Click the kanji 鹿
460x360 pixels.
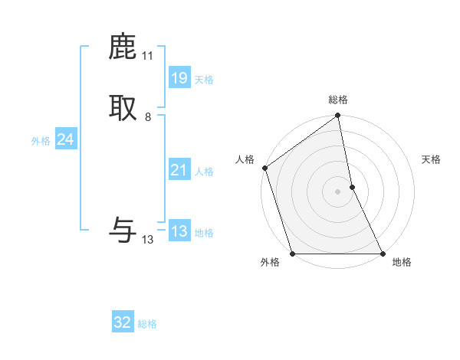point(123,48)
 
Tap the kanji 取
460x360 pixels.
point(123,108)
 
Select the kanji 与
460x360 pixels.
point(123,229)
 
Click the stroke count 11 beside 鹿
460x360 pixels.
point(147,56)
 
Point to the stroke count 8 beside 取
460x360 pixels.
point(148,117)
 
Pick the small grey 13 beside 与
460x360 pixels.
point(148,240)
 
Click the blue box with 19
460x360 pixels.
point(179,78)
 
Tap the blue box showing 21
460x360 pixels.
point(179,170)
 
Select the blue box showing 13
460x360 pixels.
point(179,231)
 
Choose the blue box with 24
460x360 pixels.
point(65,139)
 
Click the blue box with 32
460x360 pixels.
point(123,322)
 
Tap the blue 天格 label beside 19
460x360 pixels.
point(204,80)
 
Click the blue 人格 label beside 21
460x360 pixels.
point(204,172)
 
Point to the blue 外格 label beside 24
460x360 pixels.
point(41,141)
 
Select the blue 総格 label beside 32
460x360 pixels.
point(147,324)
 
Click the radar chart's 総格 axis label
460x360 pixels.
point(338,100)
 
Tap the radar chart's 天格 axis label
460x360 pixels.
point(432,159)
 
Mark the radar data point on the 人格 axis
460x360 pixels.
point(264,168)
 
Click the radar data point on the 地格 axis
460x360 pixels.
point(383,254)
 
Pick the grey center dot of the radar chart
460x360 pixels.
point(338,191)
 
